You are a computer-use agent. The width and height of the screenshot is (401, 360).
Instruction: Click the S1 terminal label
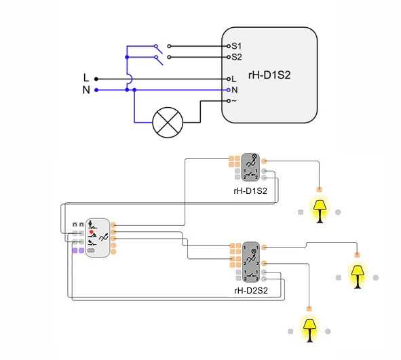pyautogui.click(x=237, y=46)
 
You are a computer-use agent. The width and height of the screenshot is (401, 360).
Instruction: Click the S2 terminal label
pyautogui.click(x=237, y=57)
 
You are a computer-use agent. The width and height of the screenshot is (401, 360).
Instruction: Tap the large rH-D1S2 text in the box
pyautogui.click(x=269, y=75)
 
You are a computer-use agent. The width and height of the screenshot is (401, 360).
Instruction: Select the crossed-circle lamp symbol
pyautogui.click(x=168, y=123)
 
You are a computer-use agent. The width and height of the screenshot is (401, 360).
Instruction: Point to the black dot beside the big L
pyautogui.click(x=96, y=79)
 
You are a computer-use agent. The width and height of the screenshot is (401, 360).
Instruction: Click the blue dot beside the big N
pyautogui.click(x=96, y=90)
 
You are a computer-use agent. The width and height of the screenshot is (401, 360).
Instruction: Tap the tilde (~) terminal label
pyautogui.click(x=234, y=100)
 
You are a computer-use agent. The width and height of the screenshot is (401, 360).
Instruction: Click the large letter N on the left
pyautogui.click(x=86, y=90)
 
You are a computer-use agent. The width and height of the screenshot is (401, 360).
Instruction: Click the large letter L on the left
pyautogui.click(x=86, y=78)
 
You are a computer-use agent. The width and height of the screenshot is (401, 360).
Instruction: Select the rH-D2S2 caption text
pyautogui.click(x=251, y=290)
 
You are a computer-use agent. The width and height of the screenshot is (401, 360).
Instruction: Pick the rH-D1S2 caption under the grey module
pyautogui.click(x=250, y=191)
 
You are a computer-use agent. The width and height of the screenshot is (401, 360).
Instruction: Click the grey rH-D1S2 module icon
pyautogui.click(x=250, y=167)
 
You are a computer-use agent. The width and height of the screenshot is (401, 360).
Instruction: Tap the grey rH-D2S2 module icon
pyautogui.click(x=251, y=262)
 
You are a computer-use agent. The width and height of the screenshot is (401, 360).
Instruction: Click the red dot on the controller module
pyautogui.click(x=92, y=232)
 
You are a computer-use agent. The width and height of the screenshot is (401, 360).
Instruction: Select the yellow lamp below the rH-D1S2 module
pyautogui.click(x=320, y=211)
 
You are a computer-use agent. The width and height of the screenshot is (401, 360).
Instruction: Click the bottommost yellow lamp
pyautogui.click(x=309, y=330)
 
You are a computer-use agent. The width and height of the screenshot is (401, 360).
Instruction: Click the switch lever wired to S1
pyautogui.click(x=159, y=49)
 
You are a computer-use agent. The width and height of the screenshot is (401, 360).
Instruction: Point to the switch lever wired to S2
pyautogui.click(x=159, y=60)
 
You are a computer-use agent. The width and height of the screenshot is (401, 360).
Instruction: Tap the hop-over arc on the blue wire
pyautogui.click(x=130, y=79)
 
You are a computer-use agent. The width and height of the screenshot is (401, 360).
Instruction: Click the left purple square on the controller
pyautogui.click(x=75, y=250)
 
